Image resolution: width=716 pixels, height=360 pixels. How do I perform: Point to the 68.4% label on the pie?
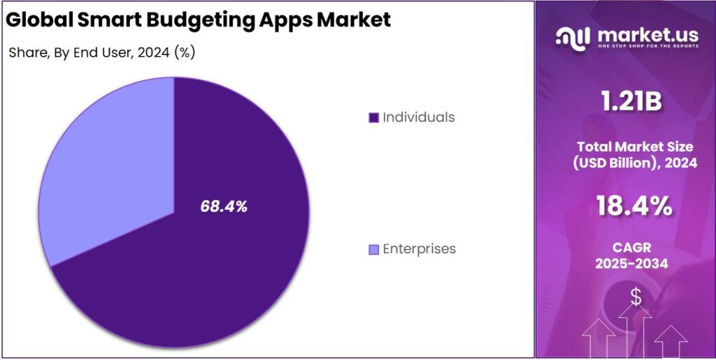click(224, 207)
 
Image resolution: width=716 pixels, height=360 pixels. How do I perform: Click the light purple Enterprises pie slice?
click(105, 175)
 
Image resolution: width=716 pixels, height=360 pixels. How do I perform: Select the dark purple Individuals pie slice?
click(231, 266)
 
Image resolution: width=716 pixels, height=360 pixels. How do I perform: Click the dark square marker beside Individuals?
click(373, 117)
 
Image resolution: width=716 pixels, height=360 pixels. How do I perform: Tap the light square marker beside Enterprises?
click(373, 250)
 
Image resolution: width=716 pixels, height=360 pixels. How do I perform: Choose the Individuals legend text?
click(418, 117)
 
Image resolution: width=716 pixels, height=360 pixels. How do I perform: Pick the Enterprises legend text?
click(419, 249)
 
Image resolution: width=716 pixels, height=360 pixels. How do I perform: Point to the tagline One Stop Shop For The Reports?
click(638, 47)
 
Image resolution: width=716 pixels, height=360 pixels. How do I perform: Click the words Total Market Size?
click(635, 146)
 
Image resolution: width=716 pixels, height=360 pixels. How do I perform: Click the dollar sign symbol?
click(636, 297)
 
